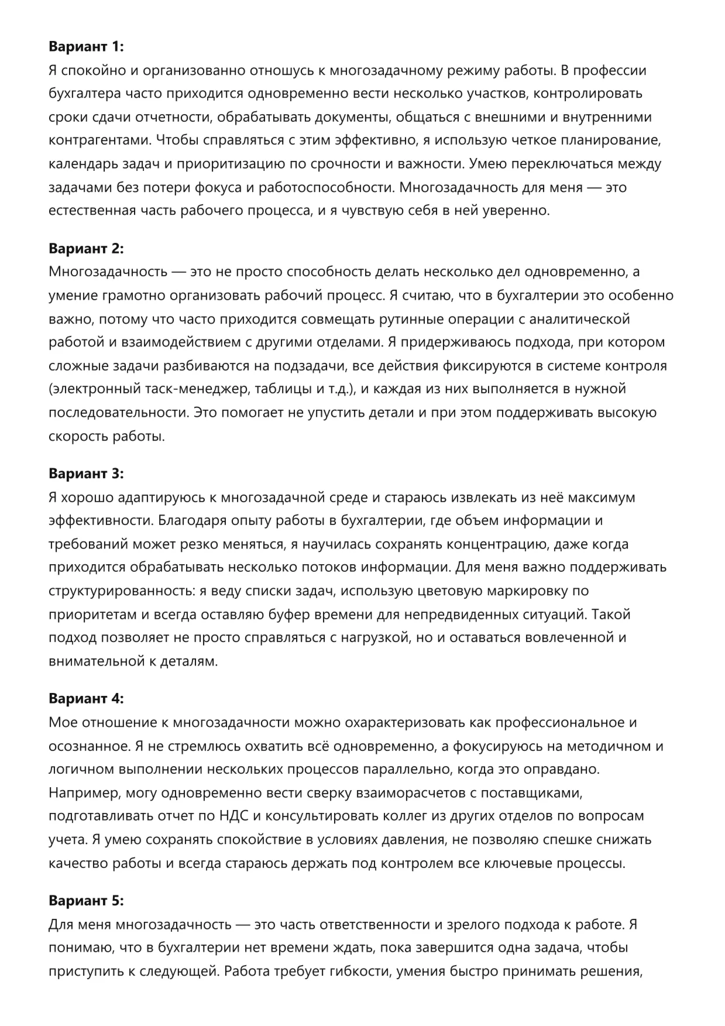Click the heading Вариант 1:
[x=86, y=47]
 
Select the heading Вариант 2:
[x=86, y=248]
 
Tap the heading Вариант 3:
[x=86, y=473]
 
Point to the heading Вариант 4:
[x=86, y=698]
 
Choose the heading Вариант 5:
[x=86, y=901]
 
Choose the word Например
[x=84, y=793]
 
